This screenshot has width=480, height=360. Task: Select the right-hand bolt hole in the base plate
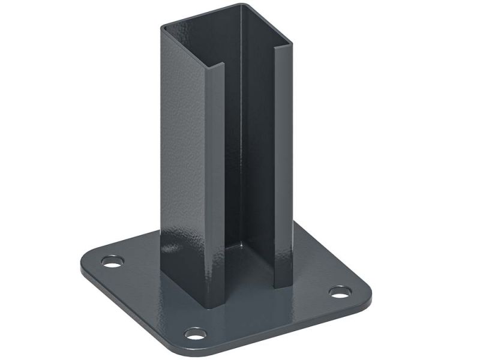click(340, 293)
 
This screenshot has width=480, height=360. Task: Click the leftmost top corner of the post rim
click(161, 27)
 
